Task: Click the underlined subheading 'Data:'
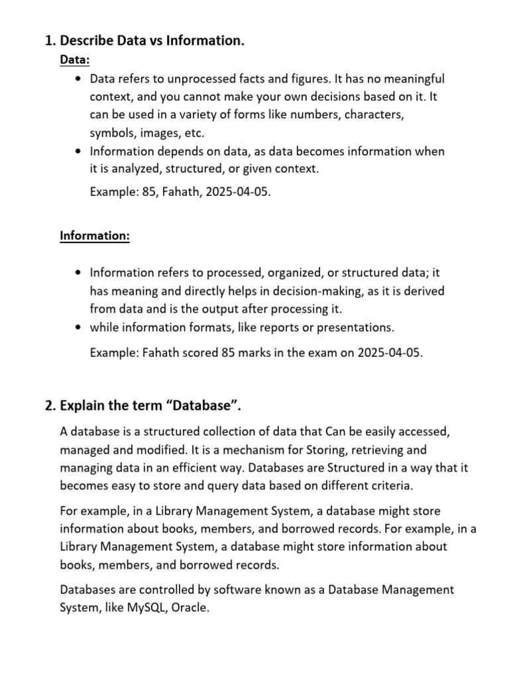click(75, 60)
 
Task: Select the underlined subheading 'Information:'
click(95, 236)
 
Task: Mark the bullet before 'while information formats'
click(79, 327)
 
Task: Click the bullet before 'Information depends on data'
click(79, 151)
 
